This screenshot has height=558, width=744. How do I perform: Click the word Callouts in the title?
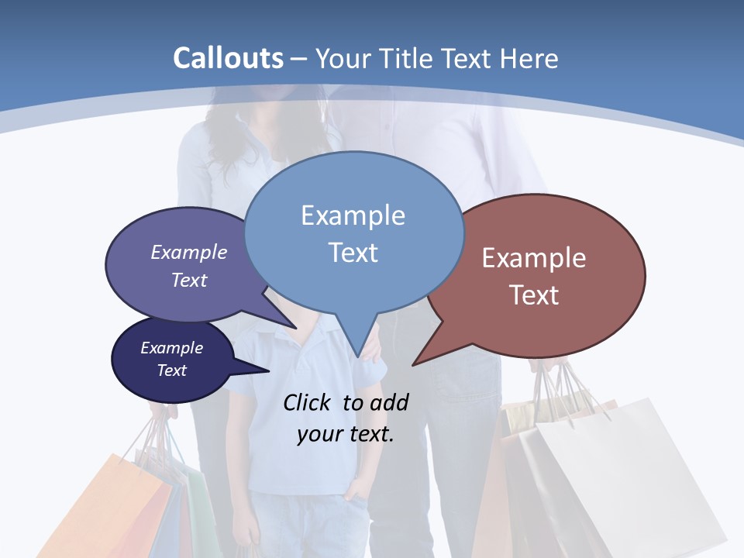(x=228, y=59)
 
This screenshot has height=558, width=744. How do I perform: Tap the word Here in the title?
(x=530, y=59)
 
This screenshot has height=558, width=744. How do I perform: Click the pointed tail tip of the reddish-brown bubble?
(x=414, y=363)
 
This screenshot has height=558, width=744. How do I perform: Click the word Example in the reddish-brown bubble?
(x=534, y=259)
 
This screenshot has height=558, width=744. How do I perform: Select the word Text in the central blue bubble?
(x=353, y=253)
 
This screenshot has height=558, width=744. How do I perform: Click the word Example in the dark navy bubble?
(x=171, y=349)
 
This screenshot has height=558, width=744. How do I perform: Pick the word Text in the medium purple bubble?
(x=189, y=280)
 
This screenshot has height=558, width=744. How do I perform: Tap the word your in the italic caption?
(x=319, y=434)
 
